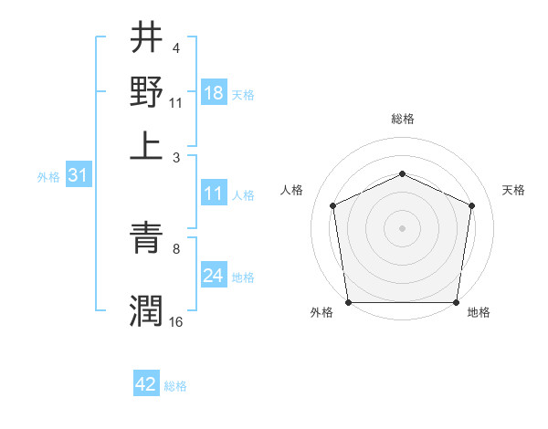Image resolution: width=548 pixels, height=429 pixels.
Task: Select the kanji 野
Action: pyautogui.click(x=146, y=91)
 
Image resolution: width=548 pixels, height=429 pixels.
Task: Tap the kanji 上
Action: pyautogui.click(x=146, y=146)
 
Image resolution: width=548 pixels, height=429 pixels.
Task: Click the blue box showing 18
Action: pyautogui.click(x=214, y=93)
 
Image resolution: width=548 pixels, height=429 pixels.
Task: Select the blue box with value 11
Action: pyautogui.click(x=213, y=194)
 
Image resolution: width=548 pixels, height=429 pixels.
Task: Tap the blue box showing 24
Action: pyautogui.click(x=213, y=276)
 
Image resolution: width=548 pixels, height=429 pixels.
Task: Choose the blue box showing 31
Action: pyautogui.click(x=78, y=176)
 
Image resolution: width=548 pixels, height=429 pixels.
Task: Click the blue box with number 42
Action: pyautogui.click(x=146, y=384)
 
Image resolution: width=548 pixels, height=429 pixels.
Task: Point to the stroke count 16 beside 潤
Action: pyautogui.click(x=175, y=321)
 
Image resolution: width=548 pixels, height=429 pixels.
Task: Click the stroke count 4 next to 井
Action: pyautogui.click(x=175, y=47)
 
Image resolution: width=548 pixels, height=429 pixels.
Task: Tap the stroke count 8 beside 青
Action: pyautogui.click(x=175, y=247)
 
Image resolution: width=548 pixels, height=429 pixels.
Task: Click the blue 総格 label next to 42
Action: pyautogui.click(x=175, y=386)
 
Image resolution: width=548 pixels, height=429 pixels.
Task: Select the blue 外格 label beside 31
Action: pyautogui.click(x=47, y=178)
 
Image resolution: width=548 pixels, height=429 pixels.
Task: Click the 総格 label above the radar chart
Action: pyautogui.click(x=402, y=119)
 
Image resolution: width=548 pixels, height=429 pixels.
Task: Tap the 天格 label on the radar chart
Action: pyautogui.click(x=514, y=190)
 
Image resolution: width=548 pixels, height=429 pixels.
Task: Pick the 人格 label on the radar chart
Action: pyautogui.click(x=292, y=190)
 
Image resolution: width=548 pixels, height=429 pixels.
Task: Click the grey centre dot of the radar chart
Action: pyautogui.click(x=402, y=227)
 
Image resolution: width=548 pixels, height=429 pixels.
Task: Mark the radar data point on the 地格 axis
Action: pyautogui.click(x=456, y=302)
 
